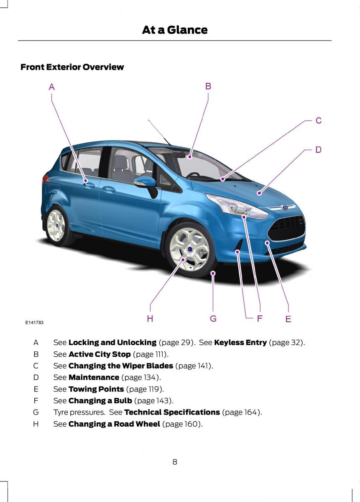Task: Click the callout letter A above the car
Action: click(x=52, y=87)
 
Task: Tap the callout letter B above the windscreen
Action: click(x=208, y=86)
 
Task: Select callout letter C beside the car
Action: click(x=319, y=120)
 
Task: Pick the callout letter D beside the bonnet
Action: click(x=318, y=149)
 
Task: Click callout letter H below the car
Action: click(x=150, y=318)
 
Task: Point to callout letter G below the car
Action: click(x=213, y=318)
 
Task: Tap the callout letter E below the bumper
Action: click(x=289, y=319)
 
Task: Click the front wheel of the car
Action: click(x=189, y=249)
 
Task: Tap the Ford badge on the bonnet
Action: click(x=285, y=207)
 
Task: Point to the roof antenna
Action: click(x=159, y=133)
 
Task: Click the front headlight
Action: click(x=237, y=206)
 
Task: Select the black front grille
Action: click(x=287, y=228)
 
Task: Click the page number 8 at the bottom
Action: click(x=175, y=462)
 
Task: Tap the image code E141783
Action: click(x=34, y=323)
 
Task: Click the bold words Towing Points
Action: click(x=96, y=389)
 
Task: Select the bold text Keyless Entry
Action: click(x=240, y=342)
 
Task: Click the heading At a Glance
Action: click(x=175, y=30)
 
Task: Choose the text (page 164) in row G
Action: click(x=242, y=412)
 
